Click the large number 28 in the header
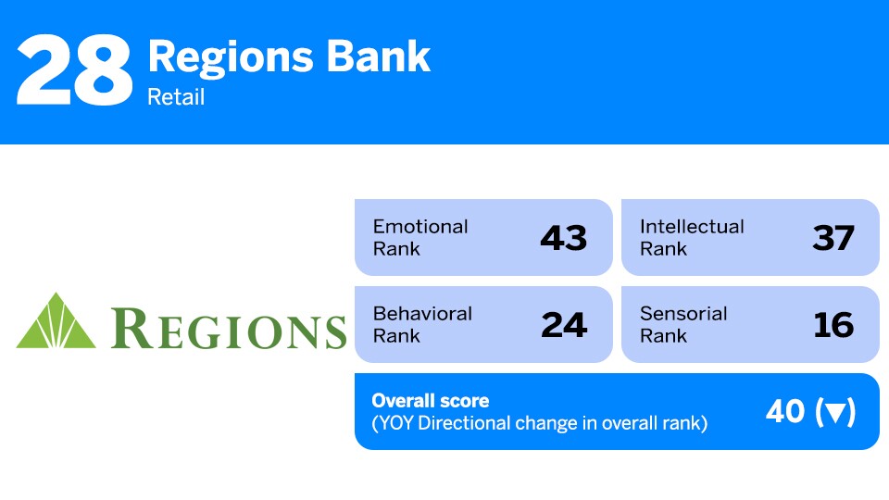click(74, 71)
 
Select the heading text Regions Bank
click(288, 57)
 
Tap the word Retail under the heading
click(176, 96)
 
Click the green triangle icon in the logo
click(56, 321)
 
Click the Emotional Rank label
click(420, 237)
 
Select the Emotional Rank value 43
click(563, 238)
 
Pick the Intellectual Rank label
click(691, 237)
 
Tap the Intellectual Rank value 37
click(833, 238)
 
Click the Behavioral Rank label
click(422, 324)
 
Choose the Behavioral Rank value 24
click(563, 325)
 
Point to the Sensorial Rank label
click(683, 324)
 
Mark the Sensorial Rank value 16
click(833, 325)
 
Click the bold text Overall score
click(430, 401)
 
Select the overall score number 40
click(785, 412)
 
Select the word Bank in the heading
click(388, 57)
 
